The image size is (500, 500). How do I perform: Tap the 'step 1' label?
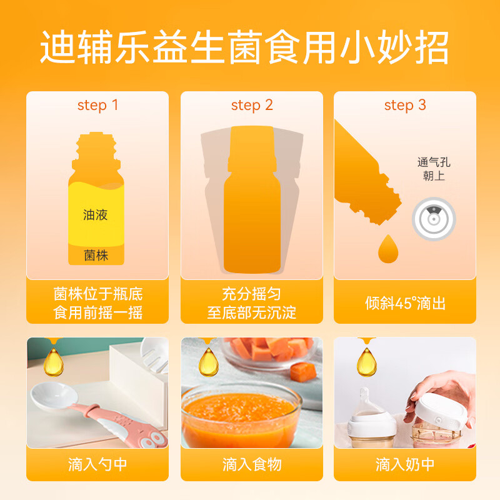click(97, 105)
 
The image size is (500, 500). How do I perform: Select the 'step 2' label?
click(252, 105)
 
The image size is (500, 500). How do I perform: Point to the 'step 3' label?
click(405, 105)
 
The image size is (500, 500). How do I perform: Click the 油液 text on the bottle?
click(96, 215)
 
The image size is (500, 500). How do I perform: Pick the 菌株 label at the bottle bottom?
click(96, 255)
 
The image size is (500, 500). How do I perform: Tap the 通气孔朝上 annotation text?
click(433, 169)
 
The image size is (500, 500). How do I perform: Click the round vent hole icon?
click(433, 219)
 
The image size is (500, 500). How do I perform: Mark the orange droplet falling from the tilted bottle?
click(387, 249)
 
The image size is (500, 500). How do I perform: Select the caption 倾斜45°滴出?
click(405, 304)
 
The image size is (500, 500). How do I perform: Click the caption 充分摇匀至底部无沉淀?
click(252, 303)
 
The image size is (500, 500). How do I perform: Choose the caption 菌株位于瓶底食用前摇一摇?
click(97, 303)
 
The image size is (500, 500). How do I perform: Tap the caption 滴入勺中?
click(97, 465)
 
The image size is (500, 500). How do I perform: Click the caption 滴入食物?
click(252, 465)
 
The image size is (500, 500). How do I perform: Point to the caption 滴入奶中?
click(405, 465)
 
